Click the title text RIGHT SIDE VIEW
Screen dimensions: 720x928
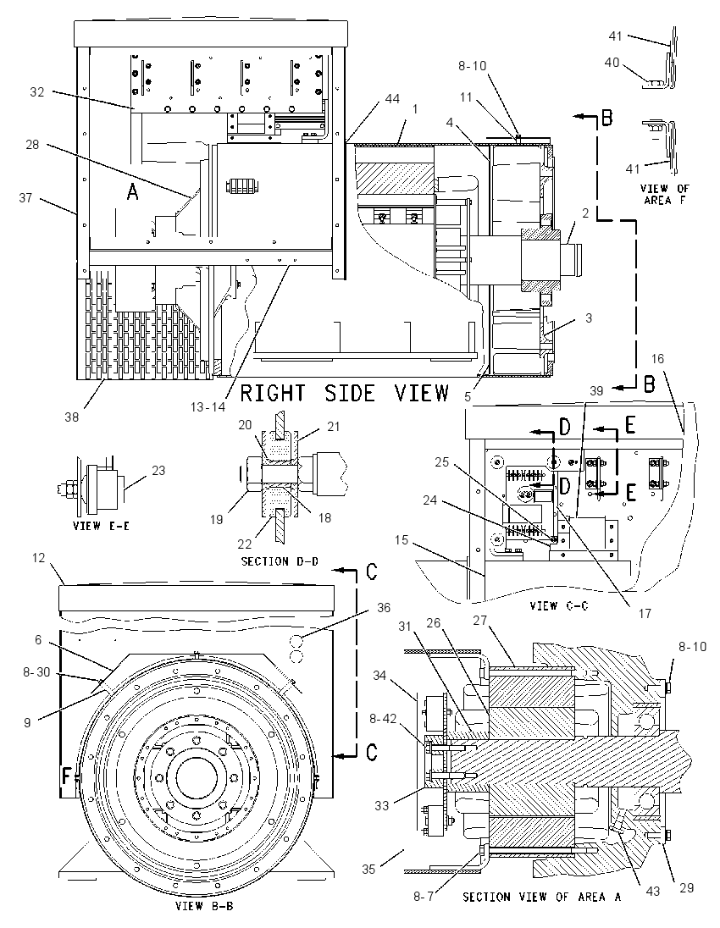click(344, 393)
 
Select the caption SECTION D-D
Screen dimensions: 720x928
click(279, 561)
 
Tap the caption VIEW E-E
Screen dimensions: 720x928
click(101, 526)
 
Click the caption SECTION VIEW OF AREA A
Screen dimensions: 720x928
click(541, 897)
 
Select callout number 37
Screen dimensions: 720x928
click(25, 197)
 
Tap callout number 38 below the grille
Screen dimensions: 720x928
click(72, 417)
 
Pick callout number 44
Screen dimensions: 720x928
click(392, 99)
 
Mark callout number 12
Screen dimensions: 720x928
click(38, 557)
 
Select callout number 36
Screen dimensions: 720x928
click(384, 607)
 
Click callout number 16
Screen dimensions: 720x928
click(657, 359)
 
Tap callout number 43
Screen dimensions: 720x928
click(652, 891)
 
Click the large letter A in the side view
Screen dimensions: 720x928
click(133, 191)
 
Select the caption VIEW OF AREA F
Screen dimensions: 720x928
click(665, 194)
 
